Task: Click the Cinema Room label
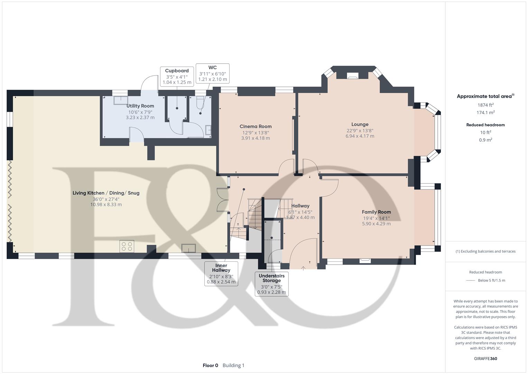pyautogui.click(x=256, y=126)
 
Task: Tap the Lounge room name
pyautogui.click(x=360, y=124)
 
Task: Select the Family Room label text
pyautogui.click(x=376, y=212)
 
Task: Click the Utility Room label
pyautogui.click(x=140, y=106)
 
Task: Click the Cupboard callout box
pyautogui.click(x=177, y=77)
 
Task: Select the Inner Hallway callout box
pyautogui.click(x=221, y=274)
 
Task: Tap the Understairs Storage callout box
pyautogui.click(x=271, y=284)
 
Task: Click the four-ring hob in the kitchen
pyautogui.click(x=127, y=246)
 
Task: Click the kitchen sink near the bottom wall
pyautogui.click(x=189, y=248)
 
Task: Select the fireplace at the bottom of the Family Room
pyautogui.click(x=365, y=260)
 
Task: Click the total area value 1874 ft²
pyautogui.click(x=485, y=105)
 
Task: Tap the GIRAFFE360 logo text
pyautogui.click(x=485, y=358)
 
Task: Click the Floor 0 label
pyautogui.click(x=210, y=365)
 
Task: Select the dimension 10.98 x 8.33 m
pyautogui.click(x=106, y=205)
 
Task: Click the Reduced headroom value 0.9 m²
pyautogui.click(x=485, y=140)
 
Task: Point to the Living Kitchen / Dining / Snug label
pyautogui.click(x=106, y=193)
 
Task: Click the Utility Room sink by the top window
pyautogui.click(x=120, y=99)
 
